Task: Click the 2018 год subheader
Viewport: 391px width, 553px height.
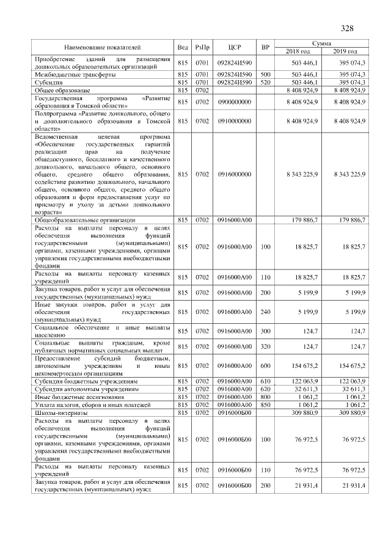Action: (x=298, y=51)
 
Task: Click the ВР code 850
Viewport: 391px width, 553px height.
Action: (x=265, y=405)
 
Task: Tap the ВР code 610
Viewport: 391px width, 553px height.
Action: (x=265, y=381)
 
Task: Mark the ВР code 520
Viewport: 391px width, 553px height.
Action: (x=265, y=82)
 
